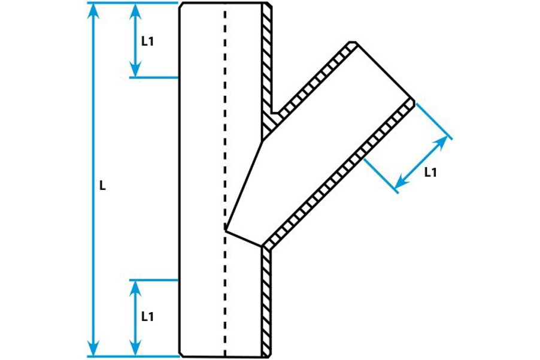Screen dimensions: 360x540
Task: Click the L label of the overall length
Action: (x=102, y=186)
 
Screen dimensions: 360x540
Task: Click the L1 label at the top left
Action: (x=147, y=41)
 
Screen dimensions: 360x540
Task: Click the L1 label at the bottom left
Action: (x=148, y=316)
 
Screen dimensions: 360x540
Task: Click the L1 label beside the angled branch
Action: (x=430, y=173)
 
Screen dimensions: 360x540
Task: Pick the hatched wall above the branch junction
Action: (x=267, y=60)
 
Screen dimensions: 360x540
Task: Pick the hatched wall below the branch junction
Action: (x=266, y=300)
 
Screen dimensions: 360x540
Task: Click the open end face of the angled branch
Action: (x=383, y=71)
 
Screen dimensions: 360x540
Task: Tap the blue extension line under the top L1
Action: (x=154, y=77)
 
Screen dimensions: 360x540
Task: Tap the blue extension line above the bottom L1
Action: (x=154, y=280)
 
